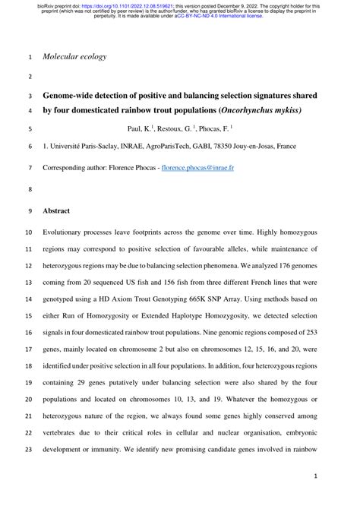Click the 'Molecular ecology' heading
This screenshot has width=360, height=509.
click(x=74, y=57)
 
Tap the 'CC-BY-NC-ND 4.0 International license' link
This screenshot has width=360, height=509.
click(x=219, y=15)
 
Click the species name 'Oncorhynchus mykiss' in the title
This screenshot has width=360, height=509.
click(x=259, y=110)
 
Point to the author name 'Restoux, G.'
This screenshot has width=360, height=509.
click(x=177, y=129)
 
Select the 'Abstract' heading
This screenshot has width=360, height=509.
click(x=57, y=210)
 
